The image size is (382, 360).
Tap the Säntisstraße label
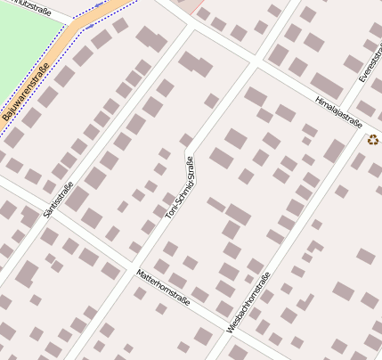click(x=57, y=200)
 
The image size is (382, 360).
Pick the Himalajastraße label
click(x=338, y=112)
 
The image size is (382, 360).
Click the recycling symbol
click(x=372, y=138)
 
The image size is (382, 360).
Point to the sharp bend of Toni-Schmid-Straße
click(x=188, y=152)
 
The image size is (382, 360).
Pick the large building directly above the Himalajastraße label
click(x=327, y=86)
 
